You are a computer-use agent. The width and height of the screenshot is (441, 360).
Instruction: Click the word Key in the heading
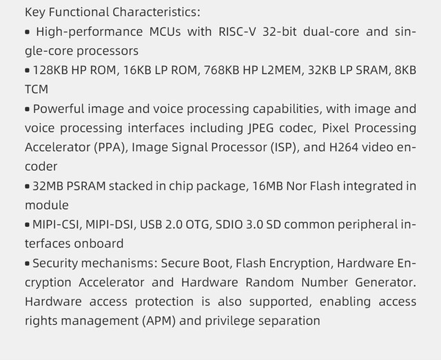pyautogui.click(x=35, y=12)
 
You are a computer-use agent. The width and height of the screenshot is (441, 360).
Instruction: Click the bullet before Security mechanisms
pyautogui.click(x=28, y=264)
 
